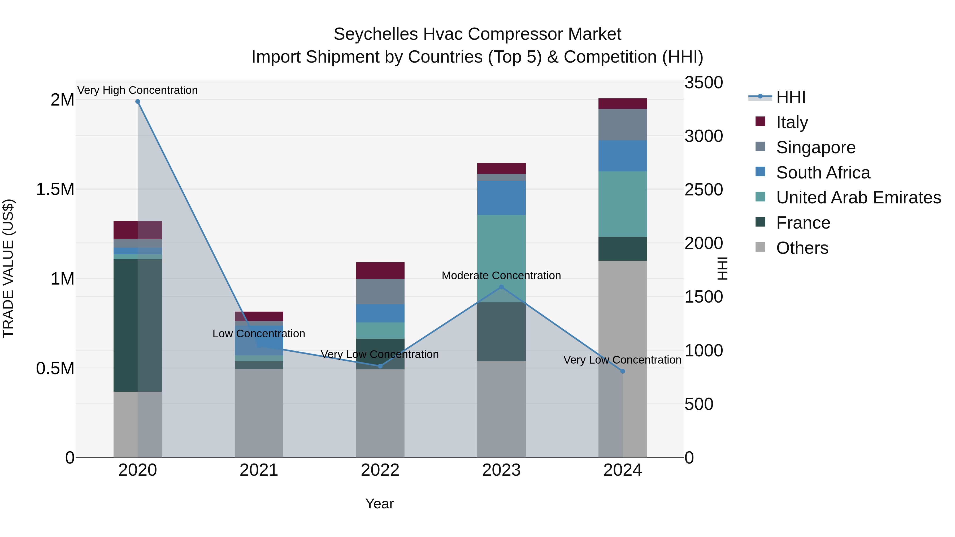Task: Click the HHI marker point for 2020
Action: click(137, 102)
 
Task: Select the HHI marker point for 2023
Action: click(501, 287)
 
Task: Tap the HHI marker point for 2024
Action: click(622, 371)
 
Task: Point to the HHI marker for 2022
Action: click(380, 366)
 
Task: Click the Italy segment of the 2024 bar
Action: click(622, 104)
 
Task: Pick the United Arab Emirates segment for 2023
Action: click(501, 258)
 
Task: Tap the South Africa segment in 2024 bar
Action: click(622, 156)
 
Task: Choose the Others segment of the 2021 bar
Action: click(259, 413)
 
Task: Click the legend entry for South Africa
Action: click(823, 173)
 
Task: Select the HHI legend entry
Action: click(791, 97)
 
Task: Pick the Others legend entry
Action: click(802, 248)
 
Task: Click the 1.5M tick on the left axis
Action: click(55, 189)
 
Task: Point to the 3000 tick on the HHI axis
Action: click(703, 136)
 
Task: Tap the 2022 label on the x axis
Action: click(380, 470)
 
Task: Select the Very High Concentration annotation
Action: click(137, 90)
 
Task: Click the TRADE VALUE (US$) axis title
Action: click(8, 268)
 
